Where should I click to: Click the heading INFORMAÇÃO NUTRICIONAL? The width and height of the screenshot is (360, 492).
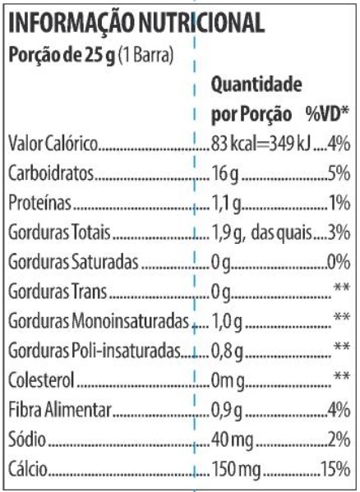point(136,23)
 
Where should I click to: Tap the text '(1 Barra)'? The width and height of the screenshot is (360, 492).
point(146,55)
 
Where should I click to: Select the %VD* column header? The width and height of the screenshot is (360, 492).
point(328,114)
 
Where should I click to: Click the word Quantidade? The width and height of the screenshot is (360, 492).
point(256,85)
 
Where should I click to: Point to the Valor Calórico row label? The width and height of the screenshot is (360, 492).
point(53,144)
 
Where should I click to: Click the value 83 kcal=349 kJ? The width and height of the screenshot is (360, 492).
point(261,144)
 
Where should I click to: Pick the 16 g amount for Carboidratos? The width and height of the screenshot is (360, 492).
point(225,173)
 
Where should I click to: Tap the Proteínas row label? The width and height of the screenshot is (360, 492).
point(39,202)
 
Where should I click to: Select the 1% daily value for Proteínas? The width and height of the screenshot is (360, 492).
point(339,203)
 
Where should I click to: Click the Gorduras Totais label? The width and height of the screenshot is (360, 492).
point(59,232)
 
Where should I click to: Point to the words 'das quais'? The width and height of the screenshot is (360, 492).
point(282,232)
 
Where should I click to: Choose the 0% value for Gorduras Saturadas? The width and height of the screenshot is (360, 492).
point(339,262)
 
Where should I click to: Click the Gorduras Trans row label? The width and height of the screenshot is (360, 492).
point(58,292)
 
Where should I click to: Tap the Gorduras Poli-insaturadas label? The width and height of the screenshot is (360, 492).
point(95,351)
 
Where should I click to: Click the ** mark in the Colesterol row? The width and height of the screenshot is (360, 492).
point(342,375)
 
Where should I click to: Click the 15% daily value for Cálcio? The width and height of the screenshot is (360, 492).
point(335,469)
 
